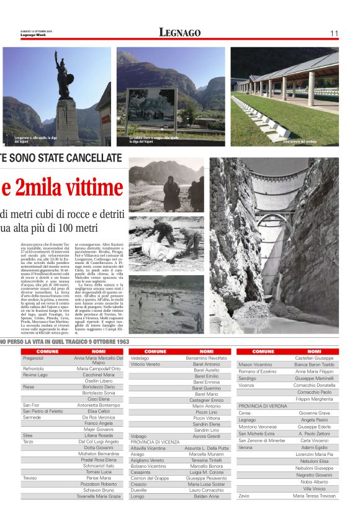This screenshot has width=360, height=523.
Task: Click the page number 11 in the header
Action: (x=334, y=33)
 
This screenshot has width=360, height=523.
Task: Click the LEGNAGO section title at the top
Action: (x=179, y=32)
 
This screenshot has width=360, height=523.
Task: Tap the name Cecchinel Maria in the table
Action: (x=99, y=375)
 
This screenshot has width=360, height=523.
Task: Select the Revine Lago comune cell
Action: (x=35, y=375)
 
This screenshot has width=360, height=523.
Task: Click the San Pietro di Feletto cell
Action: (x=43, y=411)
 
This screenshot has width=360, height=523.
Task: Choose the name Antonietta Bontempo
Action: (x=99, y=404)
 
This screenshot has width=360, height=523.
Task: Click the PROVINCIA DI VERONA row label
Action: (x=263, y=406)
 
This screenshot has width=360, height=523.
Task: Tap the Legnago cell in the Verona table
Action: (x=247, y=420)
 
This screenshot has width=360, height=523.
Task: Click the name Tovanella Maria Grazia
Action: (x=99, y=496)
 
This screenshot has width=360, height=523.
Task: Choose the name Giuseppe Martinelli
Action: (x=314, y=378)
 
